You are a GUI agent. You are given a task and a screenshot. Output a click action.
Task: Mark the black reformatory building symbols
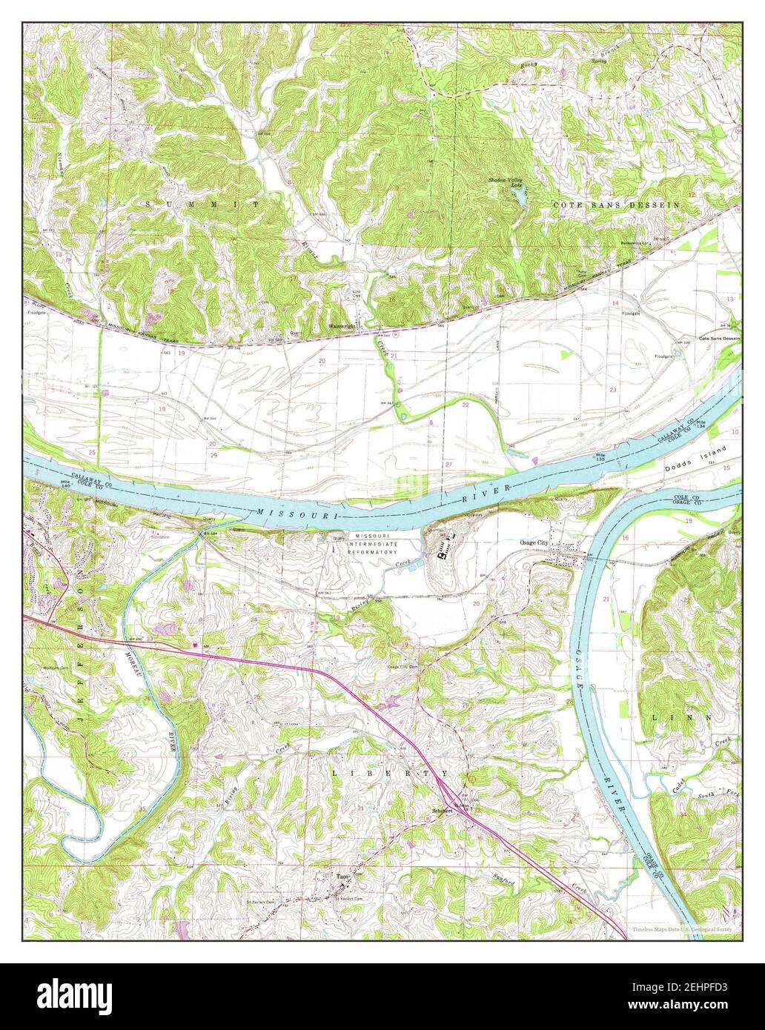tap(446, 551)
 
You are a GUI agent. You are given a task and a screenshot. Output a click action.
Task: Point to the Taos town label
tap(342, 875)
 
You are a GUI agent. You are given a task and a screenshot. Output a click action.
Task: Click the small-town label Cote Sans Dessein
tap(715, 338)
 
